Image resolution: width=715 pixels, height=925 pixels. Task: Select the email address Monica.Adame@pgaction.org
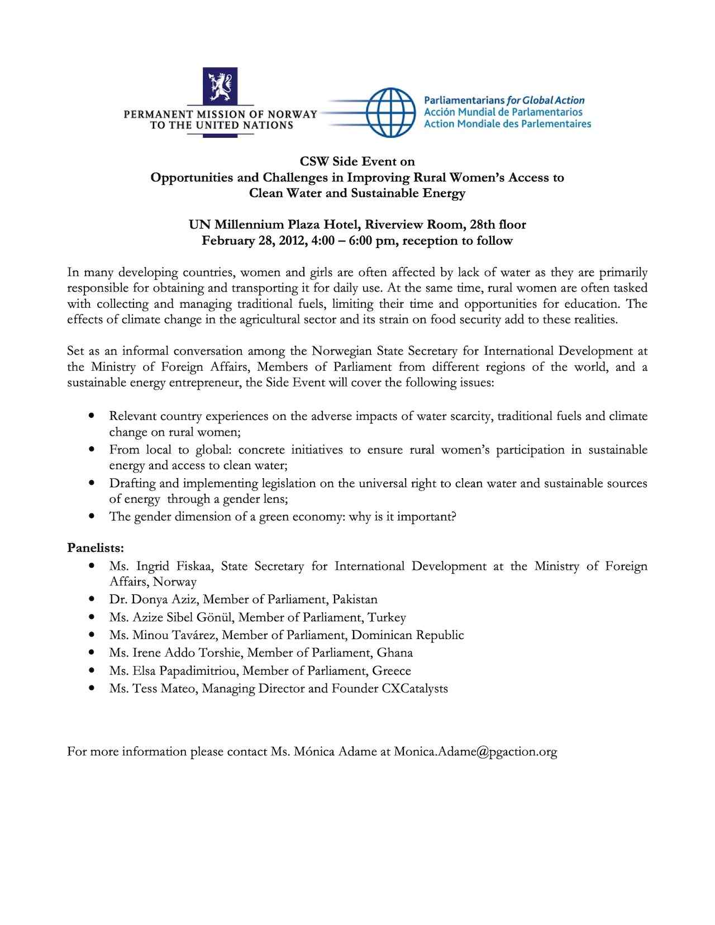(475, 752)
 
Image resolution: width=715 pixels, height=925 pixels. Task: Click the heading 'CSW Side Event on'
(357, 161)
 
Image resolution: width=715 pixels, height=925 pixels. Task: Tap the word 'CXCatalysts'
(415, 688)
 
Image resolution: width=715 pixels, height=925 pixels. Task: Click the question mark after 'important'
(454, 517)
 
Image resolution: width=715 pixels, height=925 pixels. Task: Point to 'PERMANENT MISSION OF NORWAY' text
(220, 114)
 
